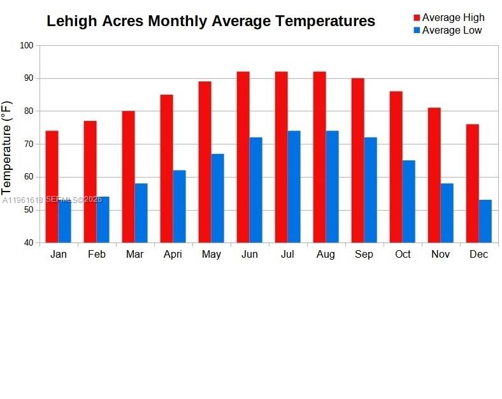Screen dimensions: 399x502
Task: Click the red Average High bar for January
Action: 52,186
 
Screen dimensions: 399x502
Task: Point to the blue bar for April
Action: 179,206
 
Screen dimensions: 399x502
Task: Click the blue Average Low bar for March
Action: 141,213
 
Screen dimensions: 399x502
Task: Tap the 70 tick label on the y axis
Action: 28,144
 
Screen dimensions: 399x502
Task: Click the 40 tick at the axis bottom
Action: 28,243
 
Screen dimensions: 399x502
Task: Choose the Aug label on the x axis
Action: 326,255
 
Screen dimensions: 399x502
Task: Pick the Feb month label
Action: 97,255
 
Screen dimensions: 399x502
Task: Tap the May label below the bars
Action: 211,255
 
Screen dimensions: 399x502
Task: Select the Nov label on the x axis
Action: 440,255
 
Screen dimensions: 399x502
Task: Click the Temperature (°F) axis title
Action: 7,148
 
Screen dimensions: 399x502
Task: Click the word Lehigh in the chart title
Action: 71,21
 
